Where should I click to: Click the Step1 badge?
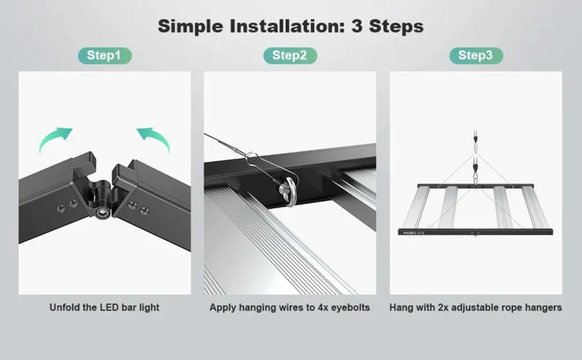click(105, 56)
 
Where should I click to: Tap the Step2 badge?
click(290, 56)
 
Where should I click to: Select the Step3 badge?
click(476, 56)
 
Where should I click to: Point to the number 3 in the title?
click(356, 26)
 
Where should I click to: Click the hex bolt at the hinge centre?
click(101, 212)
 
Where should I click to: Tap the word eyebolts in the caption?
click(351, 308)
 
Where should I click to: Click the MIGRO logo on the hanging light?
click(410, 233)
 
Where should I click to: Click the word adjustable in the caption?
click(475, 308)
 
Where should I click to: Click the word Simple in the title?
click(191, 26)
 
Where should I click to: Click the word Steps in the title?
click(396, 26)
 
